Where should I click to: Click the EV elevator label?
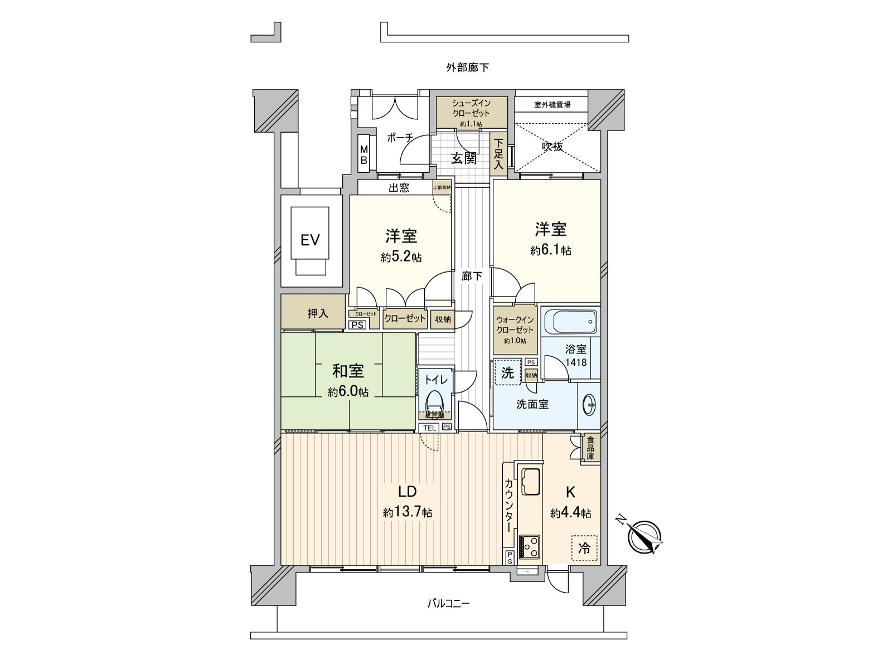tap(310, 240)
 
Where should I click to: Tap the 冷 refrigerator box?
tap(584, 548)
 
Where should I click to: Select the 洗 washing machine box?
tap(507, 373)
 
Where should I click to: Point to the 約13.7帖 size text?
tap(407, 512)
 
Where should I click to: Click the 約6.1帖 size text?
tap(550, 251)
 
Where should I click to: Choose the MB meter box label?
tap(363, 155)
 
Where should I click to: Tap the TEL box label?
tap(429, 428)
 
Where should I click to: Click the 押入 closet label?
tap(318, 314)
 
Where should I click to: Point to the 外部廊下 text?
tap(467, 67)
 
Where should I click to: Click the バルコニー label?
tap(449, 603)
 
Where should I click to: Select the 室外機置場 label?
tap(552, 104)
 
